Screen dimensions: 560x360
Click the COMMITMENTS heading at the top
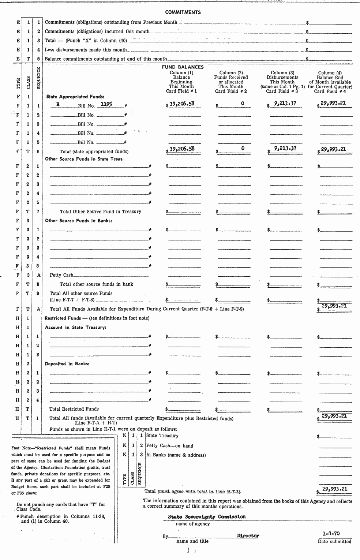tap(183, 12)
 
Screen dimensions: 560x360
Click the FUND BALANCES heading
tap(183, 67)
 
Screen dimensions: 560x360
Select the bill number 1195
tap(106, 104)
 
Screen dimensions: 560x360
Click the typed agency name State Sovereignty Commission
tap(207, 517)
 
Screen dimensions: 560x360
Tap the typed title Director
tap(248, 535)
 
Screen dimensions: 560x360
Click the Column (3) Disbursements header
tap(282, 82)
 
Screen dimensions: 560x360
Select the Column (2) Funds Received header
tap(231, 82)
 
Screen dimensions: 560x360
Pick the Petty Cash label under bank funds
tap(61, 275)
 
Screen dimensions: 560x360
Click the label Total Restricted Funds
tap(74, 409)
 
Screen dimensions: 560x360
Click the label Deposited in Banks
tap(67, 364)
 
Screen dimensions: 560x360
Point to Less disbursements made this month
tap(86, 50)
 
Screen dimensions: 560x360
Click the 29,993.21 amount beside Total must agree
tap(334, 489)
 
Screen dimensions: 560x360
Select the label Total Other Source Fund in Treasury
tap(100, 212)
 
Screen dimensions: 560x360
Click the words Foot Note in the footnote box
tap(20, 448)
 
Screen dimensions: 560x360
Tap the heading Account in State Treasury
tap(75, 327)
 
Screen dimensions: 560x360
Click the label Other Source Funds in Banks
tap(78, 221)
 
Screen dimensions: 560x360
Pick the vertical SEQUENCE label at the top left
tap(39, 78)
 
